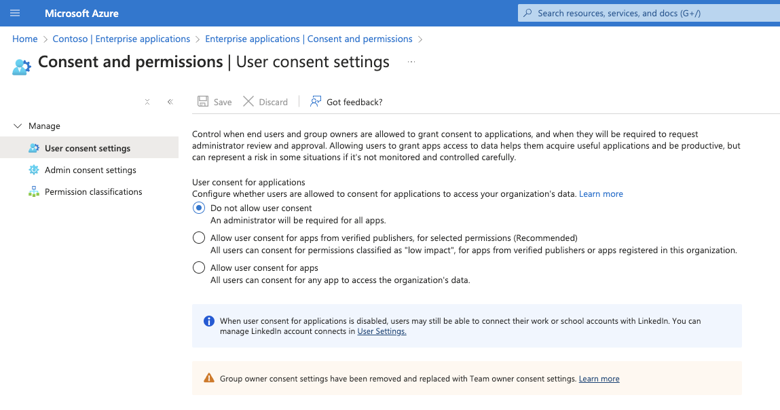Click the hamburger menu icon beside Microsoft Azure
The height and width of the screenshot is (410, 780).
tap(15, 13)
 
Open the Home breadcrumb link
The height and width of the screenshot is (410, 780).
tap(25, 39)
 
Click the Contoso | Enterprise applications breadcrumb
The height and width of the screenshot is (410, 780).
tap(121, 39)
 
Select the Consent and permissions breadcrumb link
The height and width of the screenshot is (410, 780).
tap(309, 39)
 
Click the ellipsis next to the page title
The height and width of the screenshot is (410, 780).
tap(411, 62)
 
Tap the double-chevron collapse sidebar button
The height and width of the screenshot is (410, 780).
tap(170, 102)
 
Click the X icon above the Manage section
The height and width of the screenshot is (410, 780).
tap(147, 102)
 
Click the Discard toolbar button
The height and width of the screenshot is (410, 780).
tap(265, 102)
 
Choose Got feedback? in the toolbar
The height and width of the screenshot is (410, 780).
tap(346, 102)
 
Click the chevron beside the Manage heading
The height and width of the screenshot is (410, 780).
tap(18, 126)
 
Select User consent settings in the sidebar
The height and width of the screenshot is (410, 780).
tap(88, 148)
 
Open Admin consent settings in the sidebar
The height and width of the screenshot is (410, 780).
tap(90, 170)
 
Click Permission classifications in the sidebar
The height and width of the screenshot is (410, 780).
tap(93, 191)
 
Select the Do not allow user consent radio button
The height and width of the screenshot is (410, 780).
tap(199, 208)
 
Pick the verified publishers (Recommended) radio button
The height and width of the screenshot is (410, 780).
tap(199, 238)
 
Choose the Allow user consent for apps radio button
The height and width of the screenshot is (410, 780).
tap(199, 267)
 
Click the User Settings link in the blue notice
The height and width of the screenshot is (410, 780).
tap(382, 331)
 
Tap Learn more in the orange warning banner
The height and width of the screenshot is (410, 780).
tap(599, 379)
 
